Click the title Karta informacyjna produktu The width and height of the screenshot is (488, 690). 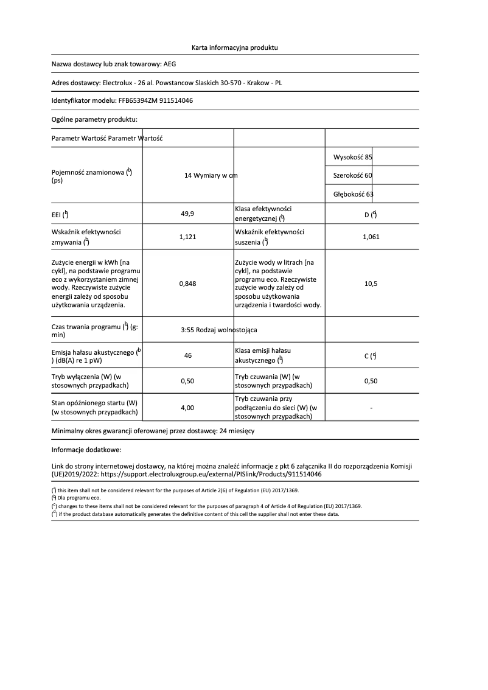[234, 47]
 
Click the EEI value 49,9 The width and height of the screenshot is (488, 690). [187, 214]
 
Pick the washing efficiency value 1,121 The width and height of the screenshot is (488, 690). [187, 237]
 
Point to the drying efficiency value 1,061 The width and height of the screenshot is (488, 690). [371, 237]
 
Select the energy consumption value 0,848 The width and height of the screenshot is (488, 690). [187, 284]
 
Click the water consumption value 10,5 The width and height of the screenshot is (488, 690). [371, 284]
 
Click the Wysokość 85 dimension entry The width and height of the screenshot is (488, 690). [353, 157]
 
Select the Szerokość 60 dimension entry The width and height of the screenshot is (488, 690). [353, 175]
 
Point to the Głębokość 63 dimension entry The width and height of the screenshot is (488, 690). [354, 194]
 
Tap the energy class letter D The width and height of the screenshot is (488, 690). [367, 215]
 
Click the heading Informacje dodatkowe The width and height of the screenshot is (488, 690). [86, 450]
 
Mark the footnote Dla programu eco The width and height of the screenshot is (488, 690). [78, 498]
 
